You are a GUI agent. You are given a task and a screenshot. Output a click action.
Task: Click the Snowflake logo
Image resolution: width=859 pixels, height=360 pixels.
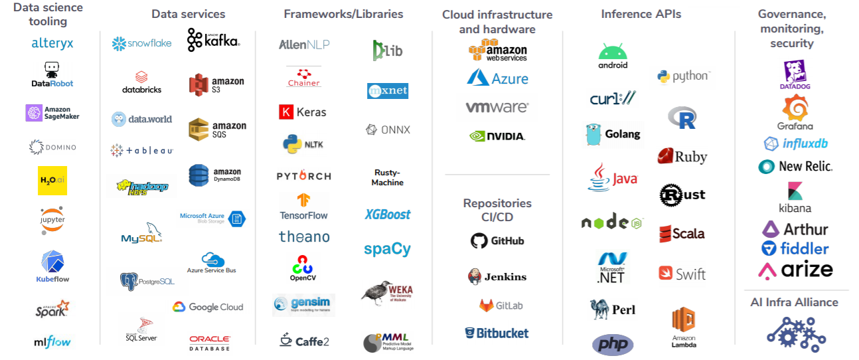pyautogui.click(x=141, y=43)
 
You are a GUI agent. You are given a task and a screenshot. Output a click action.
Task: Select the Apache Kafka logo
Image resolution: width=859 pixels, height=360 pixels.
pyautogui.click(x=213, y=40)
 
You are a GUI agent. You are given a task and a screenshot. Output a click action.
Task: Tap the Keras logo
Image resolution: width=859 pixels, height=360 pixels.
pyautogui.click(x=303, y=112)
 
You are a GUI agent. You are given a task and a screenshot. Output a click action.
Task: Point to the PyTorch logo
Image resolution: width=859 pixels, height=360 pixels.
pyautogui.click(x=303, y=176)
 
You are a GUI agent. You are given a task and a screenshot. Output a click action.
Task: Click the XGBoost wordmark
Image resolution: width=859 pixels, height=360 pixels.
pyautogui.click(x=388, y=215)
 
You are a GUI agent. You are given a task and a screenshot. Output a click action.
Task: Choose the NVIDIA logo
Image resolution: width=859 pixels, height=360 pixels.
pyautogui.click(x=497, y=135)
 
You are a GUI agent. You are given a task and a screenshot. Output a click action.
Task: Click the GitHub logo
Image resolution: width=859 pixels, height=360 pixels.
pyautogui.click(x=497, y=240)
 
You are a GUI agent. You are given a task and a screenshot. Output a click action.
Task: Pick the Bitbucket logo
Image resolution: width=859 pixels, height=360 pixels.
pyautogui.click(x=497, y=333)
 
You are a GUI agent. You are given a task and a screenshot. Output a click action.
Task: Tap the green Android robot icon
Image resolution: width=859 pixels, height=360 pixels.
pyautogui.click(x=613, y=52)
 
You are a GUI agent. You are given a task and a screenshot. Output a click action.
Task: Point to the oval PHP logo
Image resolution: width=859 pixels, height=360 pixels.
pyautogui.click(x=613, y=345)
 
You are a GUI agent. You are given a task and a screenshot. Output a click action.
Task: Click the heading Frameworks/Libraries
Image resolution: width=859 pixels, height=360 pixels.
pyautogui.click(x=343, y=14)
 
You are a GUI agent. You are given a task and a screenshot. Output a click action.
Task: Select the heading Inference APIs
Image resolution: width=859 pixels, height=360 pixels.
pyautogui.click(x=641, y=14)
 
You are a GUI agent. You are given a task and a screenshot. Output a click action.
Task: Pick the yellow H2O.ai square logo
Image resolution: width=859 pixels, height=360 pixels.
pyautogui.click(x=52, y=180)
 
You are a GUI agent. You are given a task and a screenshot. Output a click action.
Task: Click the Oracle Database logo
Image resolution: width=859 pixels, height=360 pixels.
pyautogui.click(x=210, y=343)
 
